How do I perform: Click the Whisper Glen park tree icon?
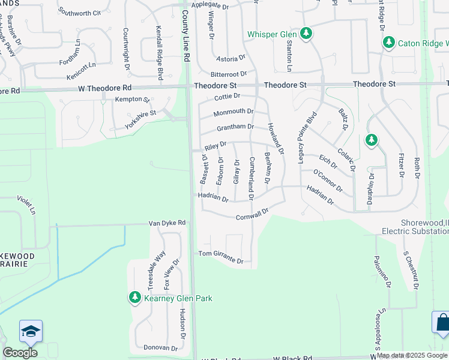coord(306,34)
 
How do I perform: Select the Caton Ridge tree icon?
coord(388,43)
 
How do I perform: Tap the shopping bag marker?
coord(442,322)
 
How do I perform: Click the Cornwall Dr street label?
coord(251,215)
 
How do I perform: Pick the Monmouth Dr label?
coord(234,112)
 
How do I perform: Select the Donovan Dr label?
coord(161,347)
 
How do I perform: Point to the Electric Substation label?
coord(415,230)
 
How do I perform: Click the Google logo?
coord(20,353)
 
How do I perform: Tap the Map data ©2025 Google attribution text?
coord(412,355)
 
